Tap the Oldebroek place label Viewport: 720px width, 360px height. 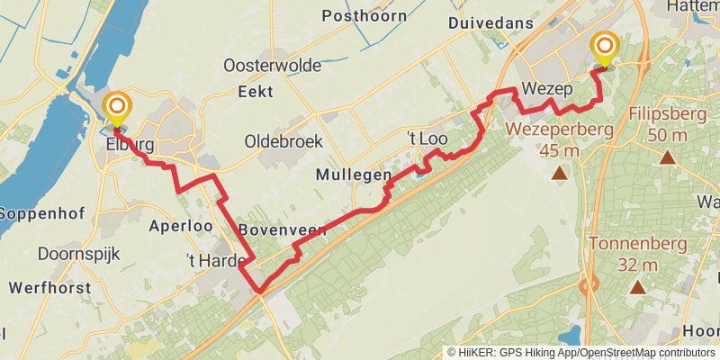coord(283,141)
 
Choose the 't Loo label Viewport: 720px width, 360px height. coord(427,139)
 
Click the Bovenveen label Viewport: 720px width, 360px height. coord(283,230)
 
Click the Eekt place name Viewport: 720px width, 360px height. coord(255,91)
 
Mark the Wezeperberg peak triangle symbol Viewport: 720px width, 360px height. coord(560,173)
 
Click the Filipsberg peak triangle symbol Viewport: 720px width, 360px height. coord(667,157)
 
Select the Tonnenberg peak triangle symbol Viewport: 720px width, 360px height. coord(637,288)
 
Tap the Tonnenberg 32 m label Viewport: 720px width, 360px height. coord(637,254)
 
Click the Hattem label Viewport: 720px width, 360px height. coord(693,6)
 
